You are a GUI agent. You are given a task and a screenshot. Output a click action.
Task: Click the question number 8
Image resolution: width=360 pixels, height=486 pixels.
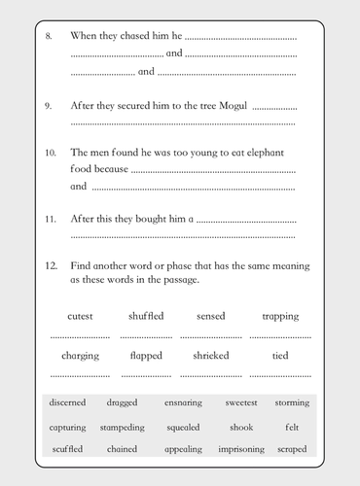49,36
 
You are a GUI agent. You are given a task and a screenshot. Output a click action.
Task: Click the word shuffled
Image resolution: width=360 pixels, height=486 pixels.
146,317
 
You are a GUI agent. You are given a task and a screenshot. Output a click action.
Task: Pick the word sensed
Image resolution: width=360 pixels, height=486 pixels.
211,317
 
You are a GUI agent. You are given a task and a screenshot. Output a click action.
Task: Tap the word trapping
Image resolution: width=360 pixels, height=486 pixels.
280,317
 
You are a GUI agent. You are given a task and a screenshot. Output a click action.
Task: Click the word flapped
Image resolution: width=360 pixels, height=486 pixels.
146,356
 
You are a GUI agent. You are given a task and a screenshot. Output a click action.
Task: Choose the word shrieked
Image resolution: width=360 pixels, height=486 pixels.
211,356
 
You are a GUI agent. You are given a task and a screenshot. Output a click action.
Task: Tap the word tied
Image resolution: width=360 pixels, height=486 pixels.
280,356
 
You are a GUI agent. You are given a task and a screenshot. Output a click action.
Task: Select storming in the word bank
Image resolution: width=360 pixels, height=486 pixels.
292,402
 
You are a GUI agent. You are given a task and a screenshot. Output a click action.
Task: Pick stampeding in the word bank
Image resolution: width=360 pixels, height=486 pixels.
124,427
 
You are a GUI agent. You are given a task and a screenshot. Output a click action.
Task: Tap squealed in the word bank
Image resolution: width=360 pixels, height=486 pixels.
183,427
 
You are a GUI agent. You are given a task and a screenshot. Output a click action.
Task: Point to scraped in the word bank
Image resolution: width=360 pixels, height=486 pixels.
291,449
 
